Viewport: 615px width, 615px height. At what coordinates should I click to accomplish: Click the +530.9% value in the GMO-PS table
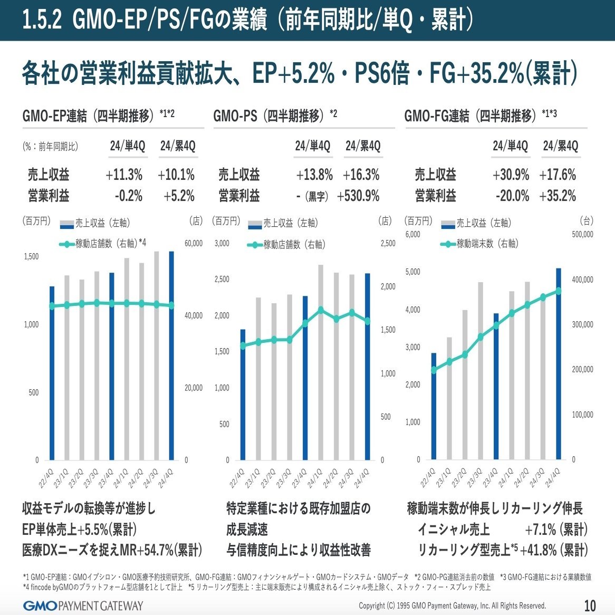coord(359,196)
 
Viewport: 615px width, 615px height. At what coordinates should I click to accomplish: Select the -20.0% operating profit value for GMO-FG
coord(512,196)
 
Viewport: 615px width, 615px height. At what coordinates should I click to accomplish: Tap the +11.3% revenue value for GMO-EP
coord(124,175)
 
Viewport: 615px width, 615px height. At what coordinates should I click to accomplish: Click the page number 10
coord(590,605)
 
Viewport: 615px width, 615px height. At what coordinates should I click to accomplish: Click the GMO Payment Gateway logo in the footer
coord(83,605)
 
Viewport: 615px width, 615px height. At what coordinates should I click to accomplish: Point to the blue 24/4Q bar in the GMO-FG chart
coord(559,364)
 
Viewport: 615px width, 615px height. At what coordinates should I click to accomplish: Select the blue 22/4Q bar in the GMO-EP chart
coord(52,373)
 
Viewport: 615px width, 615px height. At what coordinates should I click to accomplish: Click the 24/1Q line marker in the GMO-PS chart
coord(320,310)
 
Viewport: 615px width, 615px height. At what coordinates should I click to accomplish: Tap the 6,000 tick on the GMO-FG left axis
coord(412,234)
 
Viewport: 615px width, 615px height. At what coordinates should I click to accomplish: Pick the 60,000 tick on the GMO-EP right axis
coord(193,244)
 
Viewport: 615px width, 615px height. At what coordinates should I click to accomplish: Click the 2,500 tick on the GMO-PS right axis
coord(388,244)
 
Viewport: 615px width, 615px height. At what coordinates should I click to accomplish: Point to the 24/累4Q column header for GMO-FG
coord(560,146)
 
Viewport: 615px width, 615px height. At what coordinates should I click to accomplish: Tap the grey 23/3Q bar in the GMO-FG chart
coord(481,371)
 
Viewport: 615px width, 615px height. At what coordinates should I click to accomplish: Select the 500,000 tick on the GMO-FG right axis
coord(582,234)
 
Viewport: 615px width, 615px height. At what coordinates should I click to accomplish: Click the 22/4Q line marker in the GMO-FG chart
coord(434,370)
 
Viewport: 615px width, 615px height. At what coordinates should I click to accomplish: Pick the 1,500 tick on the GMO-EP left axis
coord(31,257)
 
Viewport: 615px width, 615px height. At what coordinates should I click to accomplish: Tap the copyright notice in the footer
coord(452,606)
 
